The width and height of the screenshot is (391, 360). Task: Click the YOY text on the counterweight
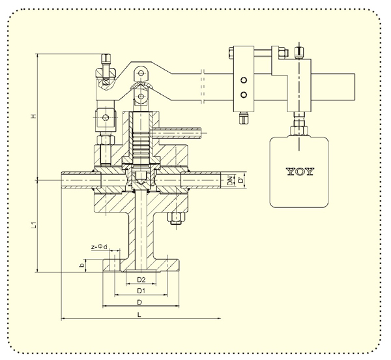point(299,172)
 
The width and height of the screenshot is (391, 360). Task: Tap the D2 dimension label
point(141,280)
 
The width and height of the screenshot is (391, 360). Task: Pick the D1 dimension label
point(141,291)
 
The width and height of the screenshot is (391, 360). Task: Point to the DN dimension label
point(231,181)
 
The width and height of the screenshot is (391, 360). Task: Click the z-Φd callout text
point(99,247)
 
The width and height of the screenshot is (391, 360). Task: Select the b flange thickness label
point(81,266)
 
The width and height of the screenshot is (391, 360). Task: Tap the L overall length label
point(139,315)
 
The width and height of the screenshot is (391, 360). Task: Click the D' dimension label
point(240,180)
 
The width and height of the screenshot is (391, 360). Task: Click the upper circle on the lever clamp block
point(244,80)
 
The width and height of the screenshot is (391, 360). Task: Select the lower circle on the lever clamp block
point(244,95)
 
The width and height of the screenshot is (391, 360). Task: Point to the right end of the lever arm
point(355,87)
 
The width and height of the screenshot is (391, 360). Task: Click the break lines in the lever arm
point(203,86)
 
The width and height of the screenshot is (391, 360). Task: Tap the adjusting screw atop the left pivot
point(106,64)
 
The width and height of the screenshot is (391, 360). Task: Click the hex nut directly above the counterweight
point(298,130)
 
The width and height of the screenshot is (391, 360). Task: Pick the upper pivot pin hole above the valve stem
point(141,73)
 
